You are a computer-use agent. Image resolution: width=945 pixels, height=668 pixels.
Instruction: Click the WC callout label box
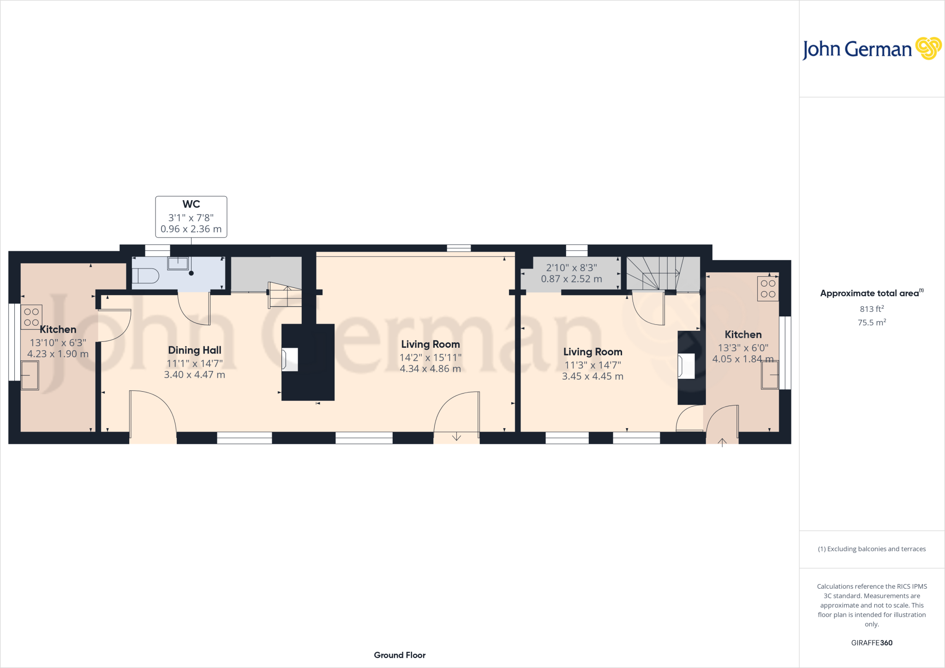[x=191, y=217]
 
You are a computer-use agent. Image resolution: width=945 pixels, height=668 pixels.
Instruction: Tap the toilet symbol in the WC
[x=146, y=276]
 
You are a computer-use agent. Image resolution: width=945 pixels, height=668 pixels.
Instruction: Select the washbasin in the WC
[x=178, y=263]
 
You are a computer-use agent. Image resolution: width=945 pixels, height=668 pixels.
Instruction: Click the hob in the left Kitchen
[x=31, y=317]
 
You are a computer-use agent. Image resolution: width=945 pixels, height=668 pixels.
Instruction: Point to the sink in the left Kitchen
[x=30, y=375]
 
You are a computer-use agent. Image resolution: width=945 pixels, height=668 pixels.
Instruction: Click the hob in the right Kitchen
[x=768, y=289]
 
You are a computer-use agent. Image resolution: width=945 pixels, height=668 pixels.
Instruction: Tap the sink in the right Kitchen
[x=770, y=375]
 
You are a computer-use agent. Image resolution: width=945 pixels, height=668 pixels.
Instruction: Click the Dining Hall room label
[x=195, y=350]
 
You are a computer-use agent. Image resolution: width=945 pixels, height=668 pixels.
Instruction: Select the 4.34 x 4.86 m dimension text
[x=430, y=369]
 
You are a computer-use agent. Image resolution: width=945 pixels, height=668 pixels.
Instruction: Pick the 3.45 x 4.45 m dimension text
[x=592, y=376]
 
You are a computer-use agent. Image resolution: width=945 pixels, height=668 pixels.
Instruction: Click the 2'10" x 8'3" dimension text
[x=571, y=268]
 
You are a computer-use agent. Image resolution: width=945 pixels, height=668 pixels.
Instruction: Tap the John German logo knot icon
[x=928, y=48]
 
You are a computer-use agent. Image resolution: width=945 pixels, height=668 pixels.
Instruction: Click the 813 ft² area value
[x=871, y=309]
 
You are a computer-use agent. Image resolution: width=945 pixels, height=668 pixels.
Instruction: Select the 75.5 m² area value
[x=871, y=322]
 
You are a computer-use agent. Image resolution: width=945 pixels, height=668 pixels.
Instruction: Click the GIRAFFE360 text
[x=871, y=643]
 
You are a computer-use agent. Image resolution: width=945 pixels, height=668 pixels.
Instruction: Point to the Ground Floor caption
[x=400, y=655]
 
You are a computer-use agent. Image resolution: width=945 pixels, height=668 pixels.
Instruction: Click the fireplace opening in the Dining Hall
[x=290, y=359]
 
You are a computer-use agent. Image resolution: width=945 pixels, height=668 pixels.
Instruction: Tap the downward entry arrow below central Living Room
[x=456, y=436]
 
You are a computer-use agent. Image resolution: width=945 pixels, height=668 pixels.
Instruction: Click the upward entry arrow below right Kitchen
[x=722, y=442]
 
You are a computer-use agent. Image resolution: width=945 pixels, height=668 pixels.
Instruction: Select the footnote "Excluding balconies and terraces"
[x=871, y=549]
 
